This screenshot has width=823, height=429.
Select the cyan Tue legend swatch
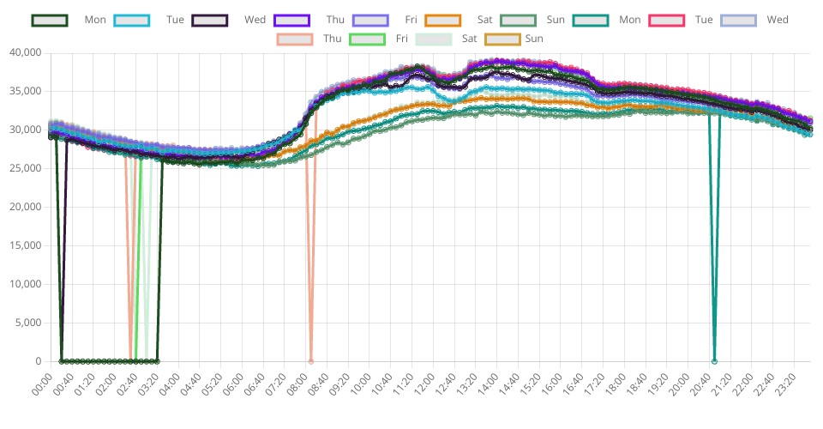pos(132,21)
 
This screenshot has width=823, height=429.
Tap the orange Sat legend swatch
pos(442,21)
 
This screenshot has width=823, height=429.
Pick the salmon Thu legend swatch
pos(295,39)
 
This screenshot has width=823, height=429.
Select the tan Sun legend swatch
pos(502,39)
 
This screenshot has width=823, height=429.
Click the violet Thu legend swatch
pos(292,21)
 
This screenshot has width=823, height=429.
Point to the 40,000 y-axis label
pos(25,52)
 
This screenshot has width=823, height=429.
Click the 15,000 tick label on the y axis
pos(25,245)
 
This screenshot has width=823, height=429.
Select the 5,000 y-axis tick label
pos(27,323)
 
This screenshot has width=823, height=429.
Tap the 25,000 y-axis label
pos(25,168)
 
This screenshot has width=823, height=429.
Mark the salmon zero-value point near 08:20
pos(310,361)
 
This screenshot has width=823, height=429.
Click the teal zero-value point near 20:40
pos(714,361)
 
